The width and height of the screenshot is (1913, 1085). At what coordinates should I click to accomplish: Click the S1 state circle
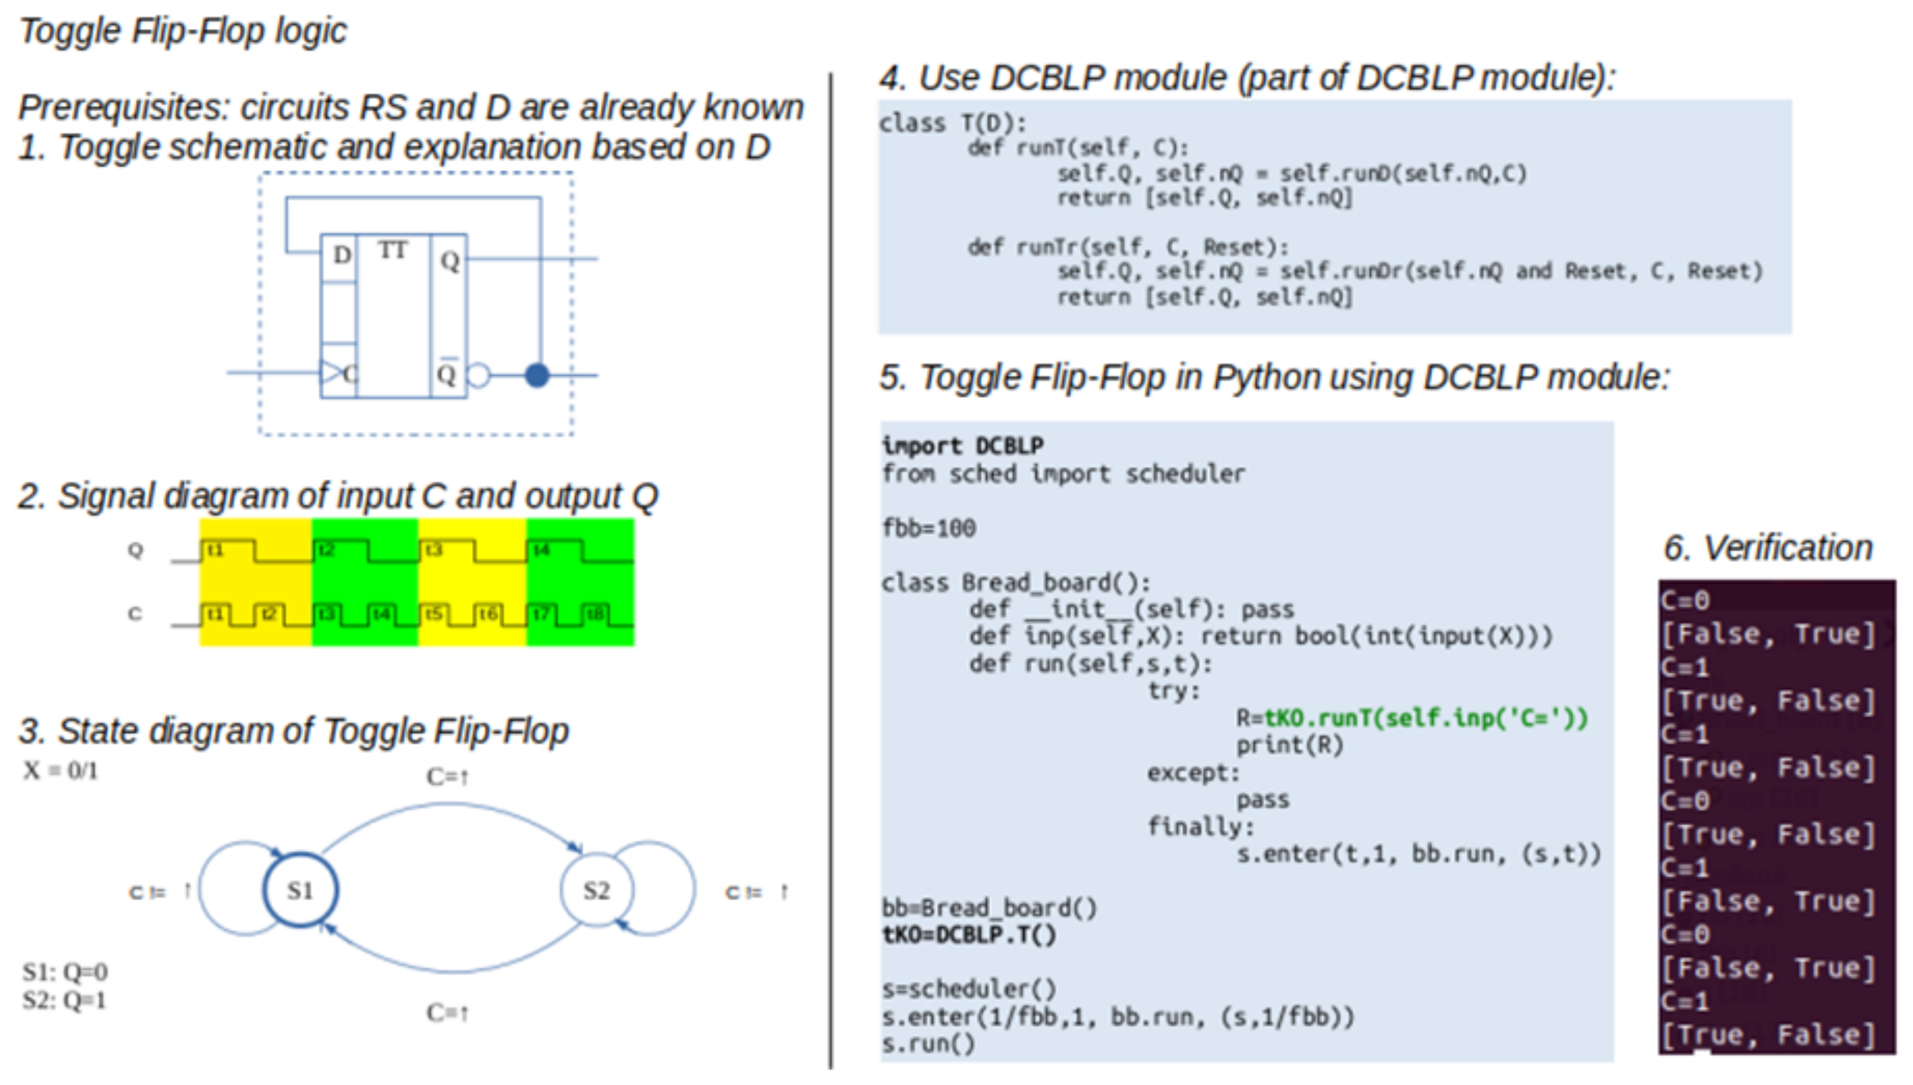[300, 890]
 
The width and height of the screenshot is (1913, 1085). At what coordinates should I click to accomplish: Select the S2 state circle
[596, 890]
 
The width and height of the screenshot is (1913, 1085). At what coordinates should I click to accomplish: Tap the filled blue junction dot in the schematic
[537, 375]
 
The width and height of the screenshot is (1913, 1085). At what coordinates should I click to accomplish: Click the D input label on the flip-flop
[341, 255]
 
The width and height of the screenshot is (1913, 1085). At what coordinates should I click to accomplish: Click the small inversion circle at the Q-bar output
[479, 375]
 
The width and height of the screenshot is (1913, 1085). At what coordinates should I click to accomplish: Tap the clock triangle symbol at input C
[331, 372]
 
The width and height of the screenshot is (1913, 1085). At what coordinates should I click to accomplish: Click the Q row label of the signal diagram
[135, 550]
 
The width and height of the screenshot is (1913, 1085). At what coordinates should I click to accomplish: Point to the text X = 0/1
[60, 771]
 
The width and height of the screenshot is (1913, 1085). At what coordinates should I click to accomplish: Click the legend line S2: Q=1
[64, 1000]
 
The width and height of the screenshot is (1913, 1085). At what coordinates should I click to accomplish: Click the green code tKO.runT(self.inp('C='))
[1426, 717]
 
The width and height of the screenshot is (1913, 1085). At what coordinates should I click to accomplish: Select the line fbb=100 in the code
[928, 528]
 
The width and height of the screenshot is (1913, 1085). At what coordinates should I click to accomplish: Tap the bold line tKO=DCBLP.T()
[968, 935]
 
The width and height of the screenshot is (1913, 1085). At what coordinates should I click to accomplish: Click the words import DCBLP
[962, 446]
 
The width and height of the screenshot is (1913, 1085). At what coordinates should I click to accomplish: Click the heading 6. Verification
[1768, 548]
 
